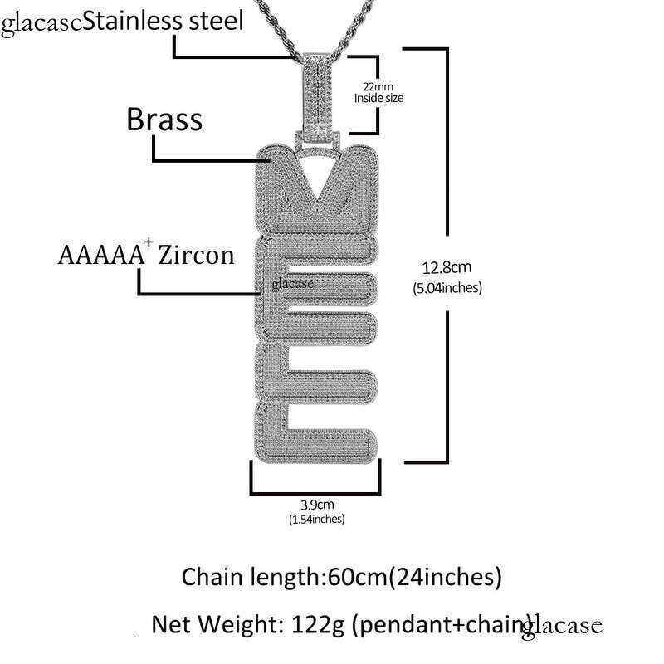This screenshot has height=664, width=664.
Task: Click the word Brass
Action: [164, 120]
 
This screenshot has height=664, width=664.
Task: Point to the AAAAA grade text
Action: [100, 255]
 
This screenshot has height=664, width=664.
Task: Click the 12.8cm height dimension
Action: [447, 267]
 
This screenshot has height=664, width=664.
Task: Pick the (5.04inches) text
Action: [447, 288]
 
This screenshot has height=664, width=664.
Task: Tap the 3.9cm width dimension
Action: [316, 504]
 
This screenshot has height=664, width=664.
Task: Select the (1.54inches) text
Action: [316, 519]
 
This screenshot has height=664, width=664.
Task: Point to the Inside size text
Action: [378, 98]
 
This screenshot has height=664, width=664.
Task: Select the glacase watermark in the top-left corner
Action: [41, 22]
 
